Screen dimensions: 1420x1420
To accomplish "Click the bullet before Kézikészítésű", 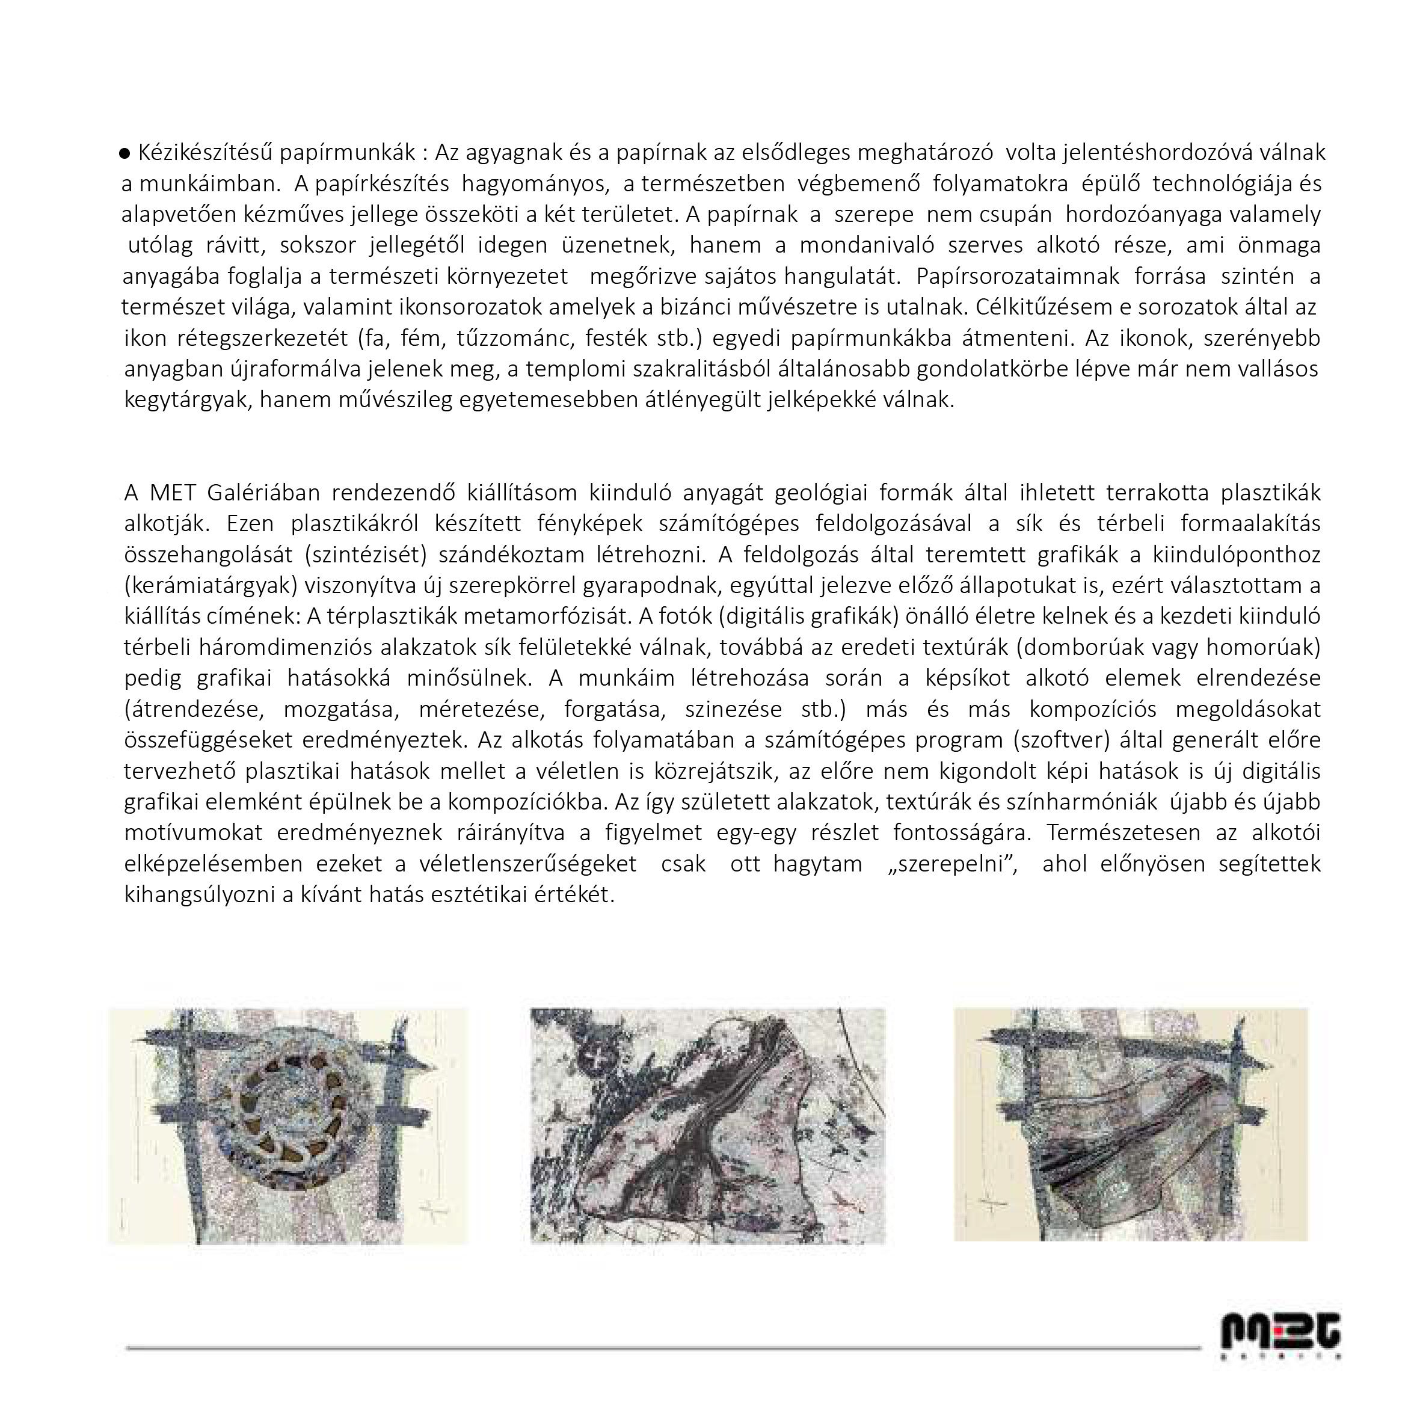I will (x=125, y=153).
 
